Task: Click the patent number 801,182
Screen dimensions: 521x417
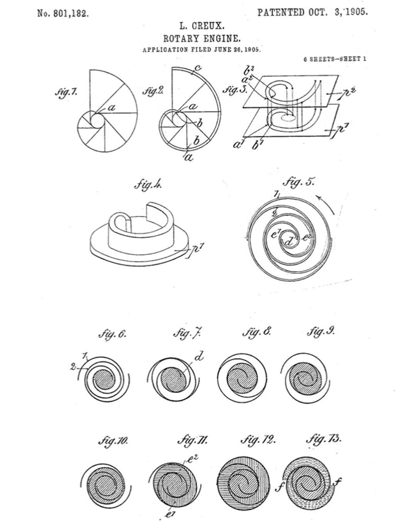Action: pos(63,13)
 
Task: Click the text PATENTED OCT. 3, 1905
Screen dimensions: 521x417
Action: pos(312,12)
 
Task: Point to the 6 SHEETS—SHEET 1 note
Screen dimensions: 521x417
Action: pos(334,59)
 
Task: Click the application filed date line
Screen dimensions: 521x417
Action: pos(202,50)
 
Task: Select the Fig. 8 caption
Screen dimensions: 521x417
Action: pos(256,333)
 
